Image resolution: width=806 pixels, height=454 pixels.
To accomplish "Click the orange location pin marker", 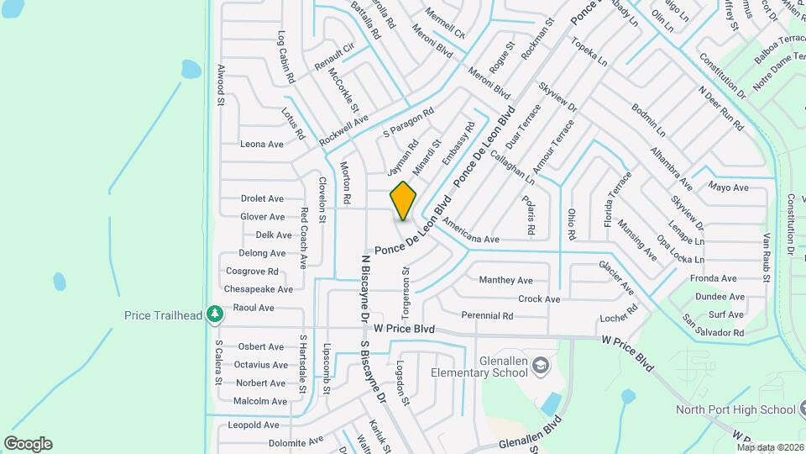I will point(403,201).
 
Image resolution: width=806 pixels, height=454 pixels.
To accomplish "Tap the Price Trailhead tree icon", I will point(216,314).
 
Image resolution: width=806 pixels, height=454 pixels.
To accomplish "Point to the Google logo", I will point(28,443).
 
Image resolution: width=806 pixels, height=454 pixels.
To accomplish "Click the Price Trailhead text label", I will point(163,315).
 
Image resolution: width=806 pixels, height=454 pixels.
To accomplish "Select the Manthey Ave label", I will point(505,280).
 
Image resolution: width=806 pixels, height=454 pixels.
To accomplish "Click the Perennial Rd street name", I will point(487,316).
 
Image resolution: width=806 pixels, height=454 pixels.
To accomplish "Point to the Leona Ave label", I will point(261,144).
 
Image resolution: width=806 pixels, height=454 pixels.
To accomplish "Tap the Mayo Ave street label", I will point(728,187).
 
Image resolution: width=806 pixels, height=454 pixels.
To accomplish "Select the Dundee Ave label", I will point(720,297).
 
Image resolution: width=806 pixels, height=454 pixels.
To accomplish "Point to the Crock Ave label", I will point(539,298).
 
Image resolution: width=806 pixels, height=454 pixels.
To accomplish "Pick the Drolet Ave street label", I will point(262,199).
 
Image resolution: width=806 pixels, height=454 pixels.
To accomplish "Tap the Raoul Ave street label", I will point(254,308).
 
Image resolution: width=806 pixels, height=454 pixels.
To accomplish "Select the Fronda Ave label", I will point(713,278).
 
